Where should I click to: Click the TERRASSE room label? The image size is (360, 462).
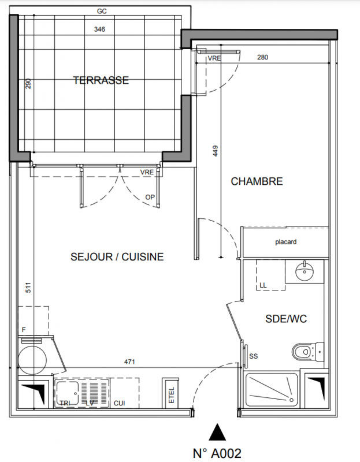[101, 80]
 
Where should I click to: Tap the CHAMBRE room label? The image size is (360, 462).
[257, 181]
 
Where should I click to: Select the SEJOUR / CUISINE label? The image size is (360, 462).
[117, 256]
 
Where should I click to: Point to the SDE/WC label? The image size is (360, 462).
[286, 319]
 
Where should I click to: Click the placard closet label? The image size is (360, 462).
[285, 242]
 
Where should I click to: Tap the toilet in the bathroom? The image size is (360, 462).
[308, 352]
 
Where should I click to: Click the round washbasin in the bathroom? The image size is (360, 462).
[305, 271]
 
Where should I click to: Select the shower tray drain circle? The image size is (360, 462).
[291, 400]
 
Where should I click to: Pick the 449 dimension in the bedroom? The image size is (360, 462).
[215, 151]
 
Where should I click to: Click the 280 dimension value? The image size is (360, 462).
[262, 57]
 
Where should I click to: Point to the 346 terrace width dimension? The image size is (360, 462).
[99, 29]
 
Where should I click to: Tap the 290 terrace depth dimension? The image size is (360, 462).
[28, 84]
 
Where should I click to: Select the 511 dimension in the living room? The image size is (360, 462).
[28, 288]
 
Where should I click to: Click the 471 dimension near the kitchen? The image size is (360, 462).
[129, 362]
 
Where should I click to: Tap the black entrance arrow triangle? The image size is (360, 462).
[217, 432]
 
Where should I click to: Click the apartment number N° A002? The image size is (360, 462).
[217, 453]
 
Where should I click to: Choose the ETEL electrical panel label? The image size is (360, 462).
[171, 395]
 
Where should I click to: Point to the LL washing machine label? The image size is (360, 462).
[263, 285]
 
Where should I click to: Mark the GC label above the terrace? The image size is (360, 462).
[102, 11]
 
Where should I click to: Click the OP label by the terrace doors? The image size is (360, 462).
[150, 197]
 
